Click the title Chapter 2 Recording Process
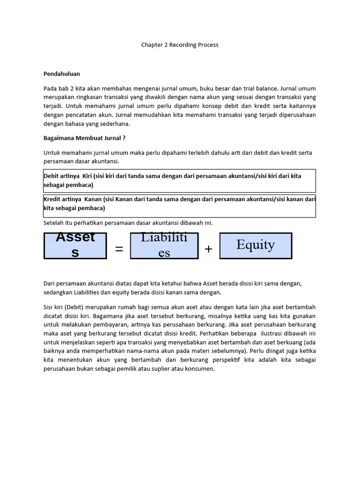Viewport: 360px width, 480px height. tap(180, 45)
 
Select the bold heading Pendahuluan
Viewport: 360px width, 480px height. tap(62, 74)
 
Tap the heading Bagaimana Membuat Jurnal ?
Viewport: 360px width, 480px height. tap(84, 138)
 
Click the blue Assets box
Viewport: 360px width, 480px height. tap(75, 245)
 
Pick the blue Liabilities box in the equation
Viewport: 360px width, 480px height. tap(164, 245)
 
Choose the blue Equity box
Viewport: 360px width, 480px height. tap(255, 245)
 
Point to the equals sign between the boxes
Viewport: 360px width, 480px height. tap(119, 249)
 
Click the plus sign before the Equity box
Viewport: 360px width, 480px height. tap(209, 249)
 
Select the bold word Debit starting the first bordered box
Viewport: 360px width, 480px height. tap(52, 176)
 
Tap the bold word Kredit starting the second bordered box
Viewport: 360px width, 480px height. tap(52, 199)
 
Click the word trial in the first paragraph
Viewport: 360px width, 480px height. tap(266, 88)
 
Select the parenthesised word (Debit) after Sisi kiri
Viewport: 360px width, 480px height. tap(70, 307)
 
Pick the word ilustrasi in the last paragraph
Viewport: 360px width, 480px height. tap(275, 333)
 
